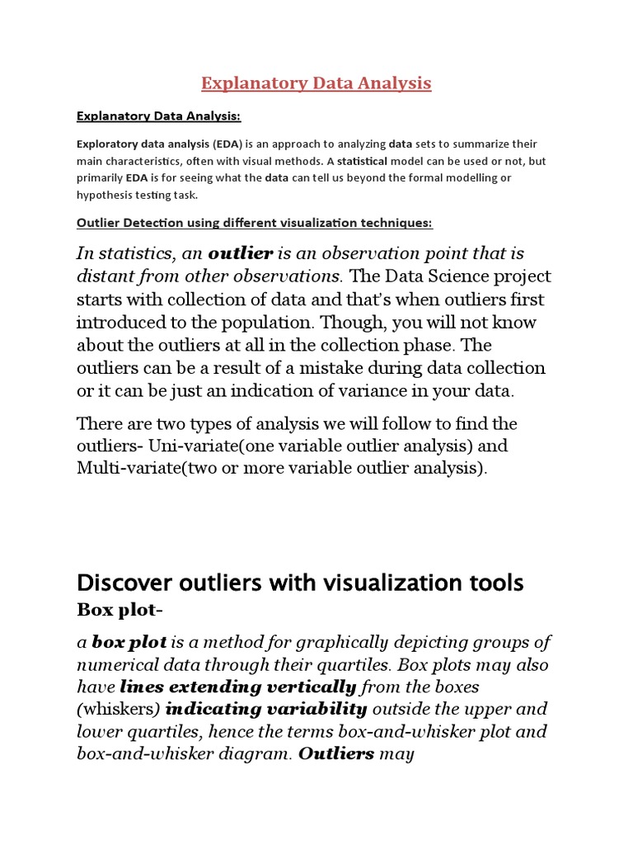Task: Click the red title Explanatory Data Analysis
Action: click(x=316, y=83)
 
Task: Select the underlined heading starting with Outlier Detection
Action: click(x=254, y=224)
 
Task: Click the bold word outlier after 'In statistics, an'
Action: click(x=241, y=253)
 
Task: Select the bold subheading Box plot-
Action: click(x=116, y=610)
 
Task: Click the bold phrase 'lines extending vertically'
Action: click(x=238, y=687)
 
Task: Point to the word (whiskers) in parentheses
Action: click(x=119, y=709)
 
